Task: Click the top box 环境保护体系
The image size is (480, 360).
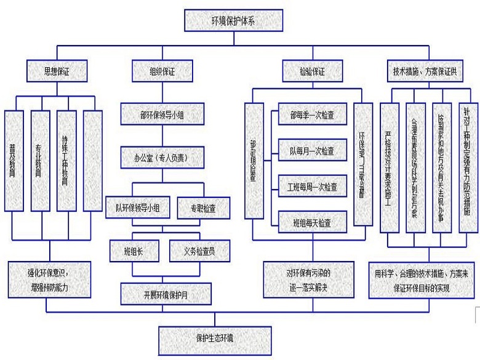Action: point(228,20)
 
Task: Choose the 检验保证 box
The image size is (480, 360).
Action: point(312,71)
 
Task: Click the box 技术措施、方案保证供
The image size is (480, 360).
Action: point(425,71)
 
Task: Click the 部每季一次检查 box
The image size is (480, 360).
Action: point(311,114)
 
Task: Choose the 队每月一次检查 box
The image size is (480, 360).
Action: point(311,150)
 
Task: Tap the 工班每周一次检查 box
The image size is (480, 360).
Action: point(311,185)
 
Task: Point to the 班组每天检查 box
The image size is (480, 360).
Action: point(311,222)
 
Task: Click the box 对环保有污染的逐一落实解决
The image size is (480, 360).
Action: point(311,279)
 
